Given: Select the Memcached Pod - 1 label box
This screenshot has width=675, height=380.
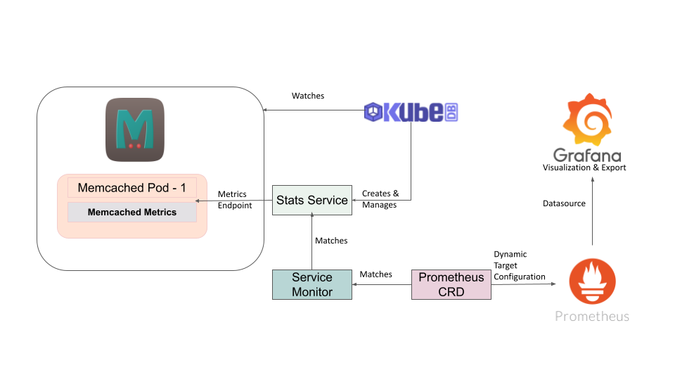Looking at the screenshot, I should [132, 188].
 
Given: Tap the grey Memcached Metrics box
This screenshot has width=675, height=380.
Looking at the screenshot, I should [132, 212].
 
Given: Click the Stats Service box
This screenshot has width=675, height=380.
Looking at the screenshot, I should [311, 200].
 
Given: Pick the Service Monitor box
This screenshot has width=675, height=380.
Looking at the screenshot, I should [311, 284].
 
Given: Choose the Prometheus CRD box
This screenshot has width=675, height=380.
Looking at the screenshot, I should [451, 284].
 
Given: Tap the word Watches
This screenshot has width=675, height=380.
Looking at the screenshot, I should [308, 96].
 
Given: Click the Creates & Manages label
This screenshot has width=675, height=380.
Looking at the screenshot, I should [380, 199].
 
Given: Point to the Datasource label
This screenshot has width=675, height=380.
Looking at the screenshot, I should [564, 203].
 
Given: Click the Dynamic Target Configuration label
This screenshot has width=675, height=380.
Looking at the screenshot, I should [519, 265].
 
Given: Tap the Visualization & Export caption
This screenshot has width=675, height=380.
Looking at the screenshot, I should [584, 167].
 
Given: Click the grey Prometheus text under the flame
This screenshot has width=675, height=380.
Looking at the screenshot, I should [592, 316].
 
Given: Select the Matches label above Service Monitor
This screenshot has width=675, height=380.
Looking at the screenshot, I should [331, 241].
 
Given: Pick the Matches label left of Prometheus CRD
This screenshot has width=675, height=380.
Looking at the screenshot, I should [375, 274].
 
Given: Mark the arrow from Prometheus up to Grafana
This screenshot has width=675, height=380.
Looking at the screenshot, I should [592, 211].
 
